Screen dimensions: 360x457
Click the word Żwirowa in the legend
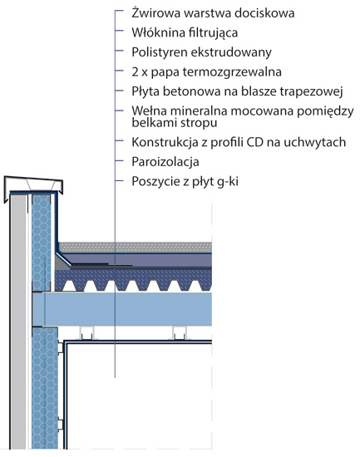[156, 13]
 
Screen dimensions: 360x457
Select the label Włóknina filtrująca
[185, 32]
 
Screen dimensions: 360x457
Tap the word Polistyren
[160, 52]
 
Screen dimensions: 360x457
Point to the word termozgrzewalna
[232, 72]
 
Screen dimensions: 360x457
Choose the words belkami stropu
[175, 122]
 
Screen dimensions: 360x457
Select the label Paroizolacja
[165, 162]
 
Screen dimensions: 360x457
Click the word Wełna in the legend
[149, 111]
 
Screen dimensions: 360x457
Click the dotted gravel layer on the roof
[135, 247]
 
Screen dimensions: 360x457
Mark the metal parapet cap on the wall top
[33, 185]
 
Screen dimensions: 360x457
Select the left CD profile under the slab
[87, 333]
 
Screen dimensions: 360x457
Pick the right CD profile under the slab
[180, 333]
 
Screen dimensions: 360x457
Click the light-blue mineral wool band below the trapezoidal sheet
[122, 309]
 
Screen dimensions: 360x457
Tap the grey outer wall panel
[18, 322]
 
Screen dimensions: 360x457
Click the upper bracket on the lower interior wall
[61, 347]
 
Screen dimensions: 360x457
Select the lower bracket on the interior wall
[61, 425]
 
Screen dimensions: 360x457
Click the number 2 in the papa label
[135, 71]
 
